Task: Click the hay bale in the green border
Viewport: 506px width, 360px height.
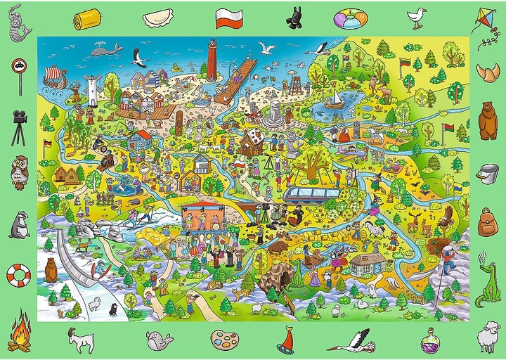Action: [x=88, y=16]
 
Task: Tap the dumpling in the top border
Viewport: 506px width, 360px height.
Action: [x=158, y=18]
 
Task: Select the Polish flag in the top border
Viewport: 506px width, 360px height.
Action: [x=229, y=18]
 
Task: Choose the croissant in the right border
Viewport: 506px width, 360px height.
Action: [x=487, y=72]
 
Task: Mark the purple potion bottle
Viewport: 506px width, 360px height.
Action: [x=430, y=341]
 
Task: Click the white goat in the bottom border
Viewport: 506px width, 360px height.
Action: [x=83, y=340]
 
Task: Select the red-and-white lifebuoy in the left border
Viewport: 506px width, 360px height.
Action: [x=18, y=273]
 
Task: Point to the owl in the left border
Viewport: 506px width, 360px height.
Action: [x=19, y=169]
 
